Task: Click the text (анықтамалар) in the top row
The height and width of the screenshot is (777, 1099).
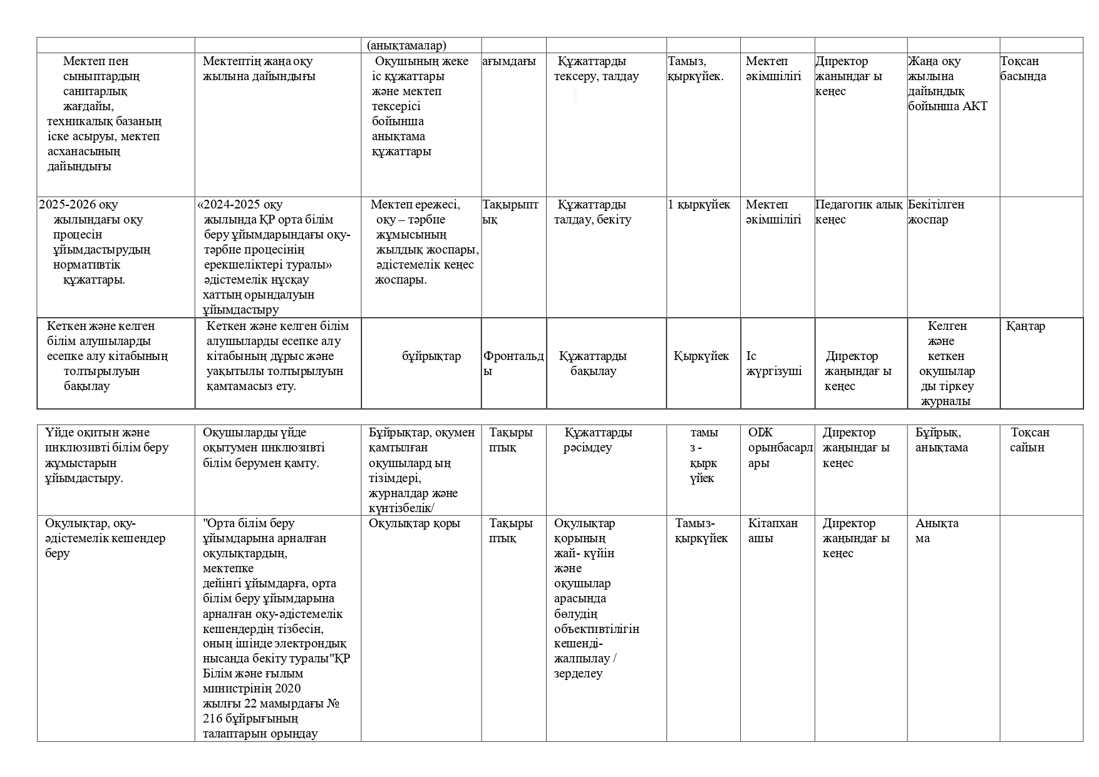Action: tap(406, 46)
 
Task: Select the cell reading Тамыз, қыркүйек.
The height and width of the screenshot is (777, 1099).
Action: tap(696, 69)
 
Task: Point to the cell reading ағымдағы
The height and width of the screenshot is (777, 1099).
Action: tap(509, 61)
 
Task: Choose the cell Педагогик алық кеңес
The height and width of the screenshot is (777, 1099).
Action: tap(859, 212)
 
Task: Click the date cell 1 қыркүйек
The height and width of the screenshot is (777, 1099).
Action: tap(699, 205)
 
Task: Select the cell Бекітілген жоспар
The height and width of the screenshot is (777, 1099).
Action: tap(936, 212)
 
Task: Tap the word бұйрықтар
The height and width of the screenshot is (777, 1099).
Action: tap(431, 356)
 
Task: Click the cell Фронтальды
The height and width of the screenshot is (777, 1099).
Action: tap(513, 363)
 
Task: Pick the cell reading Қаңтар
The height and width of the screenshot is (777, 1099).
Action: tap(1026, 326)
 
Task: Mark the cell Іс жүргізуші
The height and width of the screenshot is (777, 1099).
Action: tap(773, 364)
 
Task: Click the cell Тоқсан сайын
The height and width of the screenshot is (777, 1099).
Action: tap(1029, 440)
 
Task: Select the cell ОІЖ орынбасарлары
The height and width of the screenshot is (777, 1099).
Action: tap(780, 448)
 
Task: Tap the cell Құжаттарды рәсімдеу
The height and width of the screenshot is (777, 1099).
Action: tap(597, 440)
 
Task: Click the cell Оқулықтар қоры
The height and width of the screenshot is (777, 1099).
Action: tap(414, 523)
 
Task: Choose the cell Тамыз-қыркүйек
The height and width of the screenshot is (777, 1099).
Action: tap(701, 531)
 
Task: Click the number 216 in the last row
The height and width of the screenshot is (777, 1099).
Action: tap(213, 719)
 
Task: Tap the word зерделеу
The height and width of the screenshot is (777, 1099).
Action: tap(578, 674)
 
